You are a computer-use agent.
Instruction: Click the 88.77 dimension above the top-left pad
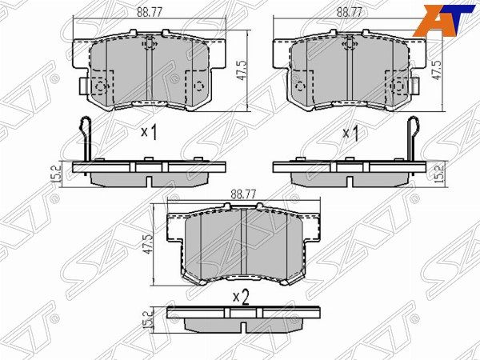(x=149, y=12)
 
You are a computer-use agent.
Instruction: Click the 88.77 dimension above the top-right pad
(x=350, y=12)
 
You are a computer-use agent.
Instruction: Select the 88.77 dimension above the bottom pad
(x=243, y=194)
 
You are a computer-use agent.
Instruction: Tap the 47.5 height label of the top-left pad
(x=242, y=70)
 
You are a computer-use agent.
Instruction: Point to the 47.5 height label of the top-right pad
(x=437, y=70)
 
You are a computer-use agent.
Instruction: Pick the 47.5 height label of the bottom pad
(x=148, y=244)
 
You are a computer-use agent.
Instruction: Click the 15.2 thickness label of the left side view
(x=55, y=174)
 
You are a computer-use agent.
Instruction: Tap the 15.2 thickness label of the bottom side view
(x=148, y=319)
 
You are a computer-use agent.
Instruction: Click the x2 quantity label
(x=241, y=298)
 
